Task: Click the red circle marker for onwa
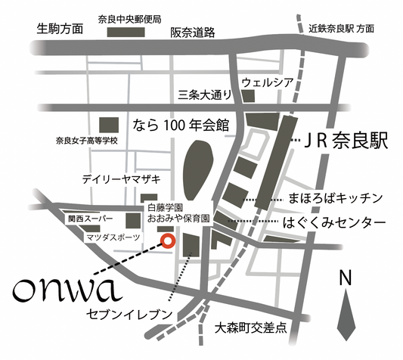[168, 242]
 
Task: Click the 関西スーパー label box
[90, 219]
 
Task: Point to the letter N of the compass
[346, 279]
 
